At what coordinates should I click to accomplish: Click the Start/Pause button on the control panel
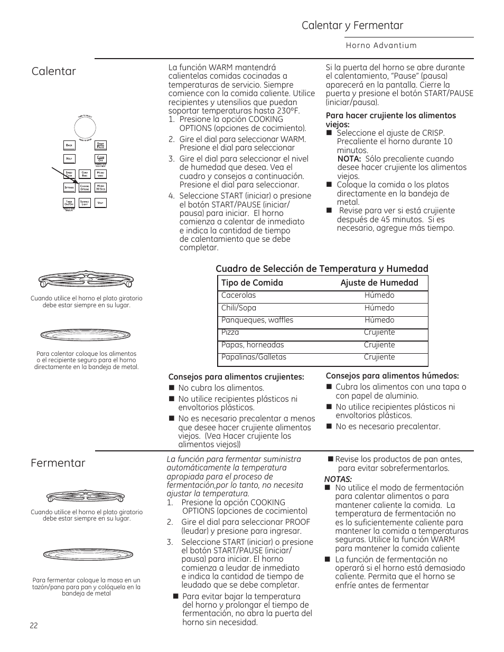(100, 145)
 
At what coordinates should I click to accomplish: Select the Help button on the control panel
(69, 159)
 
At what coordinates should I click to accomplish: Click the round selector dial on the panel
(85, 127)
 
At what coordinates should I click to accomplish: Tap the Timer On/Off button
(69, 203)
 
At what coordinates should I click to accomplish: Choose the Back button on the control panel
(69, 145)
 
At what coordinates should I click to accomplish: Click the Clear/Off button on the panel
(100, 158)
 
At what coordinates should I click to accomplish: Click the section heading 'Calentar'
(53, 71)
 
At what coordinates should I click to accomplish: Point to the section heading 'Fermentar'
(58, 463)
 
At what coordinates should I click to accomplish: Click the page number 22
(34, 625)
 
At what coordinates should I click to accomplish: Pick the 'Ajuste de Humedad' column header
(379, 283)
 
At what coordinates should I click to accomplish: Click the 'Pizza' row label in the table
(230, 333)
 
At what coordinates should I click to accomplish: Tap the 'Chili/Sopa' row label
(239, 308)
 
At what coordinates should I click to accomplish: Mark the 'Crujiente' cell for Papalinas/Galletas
(379, 357)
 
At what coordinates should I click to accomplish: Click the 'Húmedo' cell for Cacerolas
(379, 296)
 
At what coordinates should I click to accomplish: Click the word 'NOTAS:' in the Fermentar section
(338, 479)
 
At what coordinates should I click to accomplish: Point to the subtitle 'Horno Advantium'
(381, 45)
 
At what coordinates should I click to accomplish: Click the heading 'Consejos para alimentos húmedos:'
(392, 376)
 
